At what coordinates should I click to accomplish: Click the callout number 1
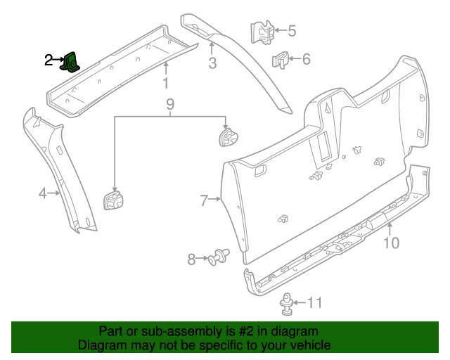click(x=166, y=84)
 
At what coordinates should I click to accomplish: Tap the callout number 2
click(x=49, y=60)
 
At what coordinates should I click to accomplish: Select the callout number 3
click(x=212, y=65)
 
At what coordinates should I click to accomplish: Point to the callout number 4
click(x=42, y=193)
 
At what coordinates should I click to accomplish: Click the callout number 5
click(x=292, y=30)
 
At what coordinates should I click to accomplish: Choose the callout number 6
click(x=306, y=59)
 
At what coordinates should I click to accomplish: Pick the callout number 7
click(x=204, y=201)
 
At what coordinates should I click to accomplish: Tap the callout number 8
click(x=192, y=259)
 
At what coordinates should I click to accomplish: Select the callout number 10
click(x=391, y=243)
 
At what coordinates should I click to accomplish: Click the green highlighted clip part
click(x=71, y=63)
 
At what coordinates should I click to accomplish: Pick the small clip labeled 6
click(x=281, y=60)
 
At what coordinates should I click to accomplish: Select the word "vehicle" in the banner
click(x=307, y=345)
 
